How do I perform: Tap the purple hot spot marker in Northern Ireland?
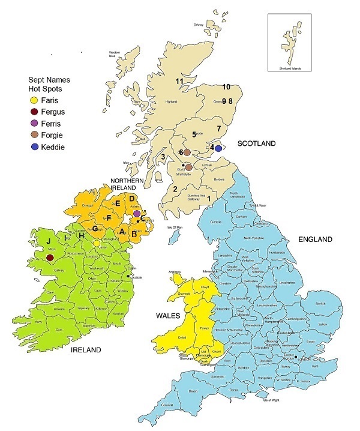(137, 213)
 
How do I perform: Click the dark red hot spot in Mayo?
(50, 258)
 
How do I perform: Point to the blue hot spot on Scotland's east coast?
(218, 148)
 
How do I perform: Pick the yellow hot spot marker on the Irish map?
(97, 243)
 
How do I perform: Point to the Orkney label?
(198, 25)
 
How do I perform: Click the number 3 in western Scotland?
(163, 157)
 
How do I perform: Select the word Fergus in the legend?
(53, 112)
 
